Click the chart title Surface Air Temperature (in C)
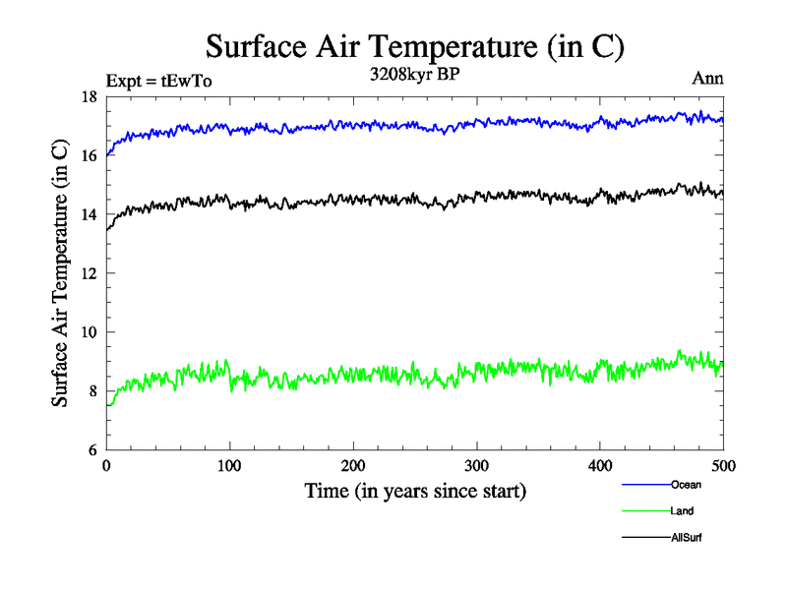point(414,47)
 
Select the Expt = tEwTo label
point(158,81)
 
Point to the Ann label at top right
point(708,79)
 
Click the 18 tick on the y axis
point(88,96)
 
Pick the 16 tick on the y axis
point(88,155)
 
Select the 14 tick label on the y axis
point(88,214)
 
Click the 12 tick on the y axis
point(88,273)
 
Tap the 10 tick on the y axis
point(88,332)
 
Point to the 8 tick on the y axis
point(91,391)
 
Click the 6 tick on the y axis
point(91,450)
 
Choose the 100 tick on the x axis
point(229,465)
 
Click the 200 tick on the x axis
point(353,465)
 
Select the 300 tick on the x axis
point(477,465)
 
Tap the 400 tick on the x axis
point(600,465)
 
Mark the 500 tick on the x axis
point(723,465)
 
